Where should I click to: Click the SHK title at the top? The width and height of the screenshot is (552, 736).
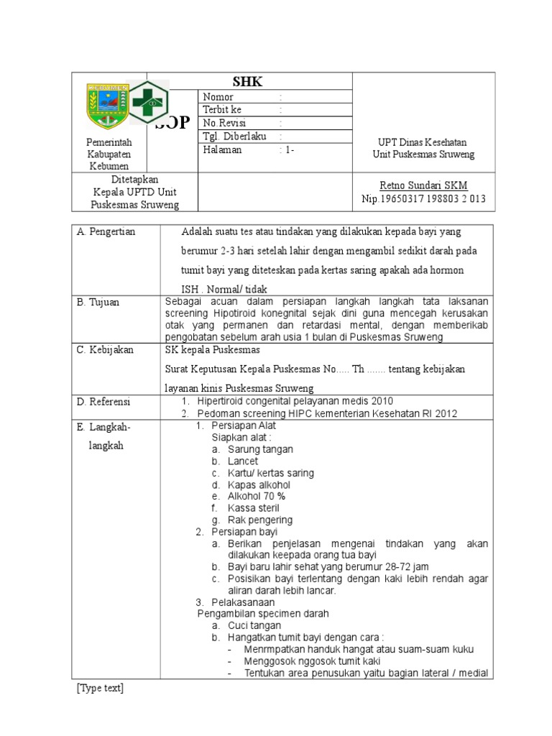pos(249,82)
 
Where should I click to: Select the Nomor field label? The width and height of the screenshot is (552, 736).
pos(218,97)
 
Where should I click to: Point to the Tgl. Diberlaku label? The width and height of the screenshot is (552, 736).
pos(235,137)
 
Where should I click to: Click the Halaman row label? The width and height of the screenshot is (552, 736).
pos(223,150)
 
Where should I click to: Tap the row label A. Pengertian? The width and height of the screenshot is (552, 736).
pos(106,232)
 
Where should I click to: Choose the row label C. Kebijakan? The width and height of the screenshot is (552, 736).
pos(105,350)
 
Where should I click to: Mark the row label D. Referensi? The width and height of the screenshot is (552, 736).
pos(104,401)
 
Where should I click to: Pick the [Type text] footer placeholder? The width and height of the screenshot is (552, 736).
pos(100,689)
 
